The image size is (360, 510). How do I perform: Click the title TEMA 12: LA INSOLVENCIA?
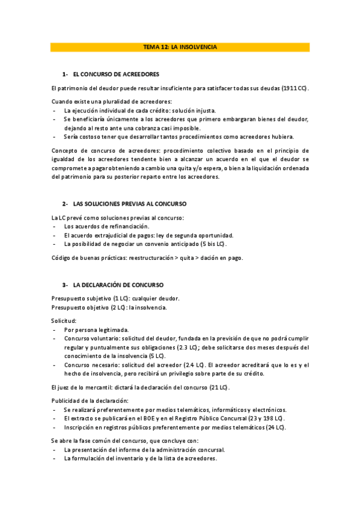(x=180, y=47)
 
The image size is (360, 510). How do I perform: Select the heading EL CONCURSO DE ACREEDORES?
(x=116, y=75)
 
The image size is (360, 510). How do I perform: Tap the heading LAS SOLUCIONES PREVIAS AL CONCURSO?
(x=129, y=204)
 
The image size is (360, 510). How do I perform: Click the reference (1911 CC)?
(x=294, y=88)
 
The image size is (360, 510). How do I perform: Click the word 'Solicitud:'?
(x=64, y=321)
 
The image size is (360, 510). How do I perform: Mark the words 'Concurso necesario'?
(x=90, y=365)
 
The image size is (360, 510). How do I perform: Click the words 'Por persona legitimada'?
(x=97, y=330)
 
